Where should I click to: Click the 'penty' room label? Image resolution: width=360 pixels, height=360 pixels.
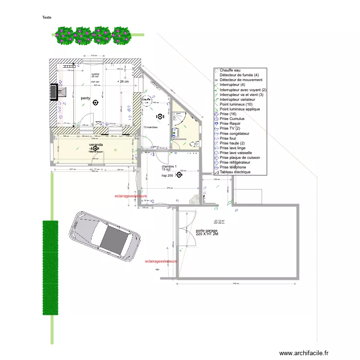[x=85, y=98]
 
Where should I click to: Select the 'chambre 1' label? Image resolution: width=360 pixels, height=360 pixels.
[x=169, y=167]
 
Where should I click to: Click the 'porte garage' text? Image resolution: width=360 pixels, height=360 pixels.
[x=206, y=231]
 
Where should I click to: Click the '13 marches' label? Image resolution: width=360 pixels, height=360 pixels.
[x=151, y=127]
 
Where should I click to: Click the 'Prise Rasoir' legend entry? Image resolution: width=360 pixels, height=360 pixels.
[x=232, y=123]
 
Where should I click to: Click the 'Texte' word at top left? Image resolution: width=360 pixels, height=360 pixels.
[x=47, y=17]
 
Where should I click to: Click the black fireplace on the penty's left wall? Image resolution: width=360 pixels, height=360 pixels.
[x=54, y=92]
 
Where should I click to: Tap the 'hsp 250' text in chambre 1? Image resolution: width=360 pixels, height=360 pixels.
[x=168, y=176]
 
